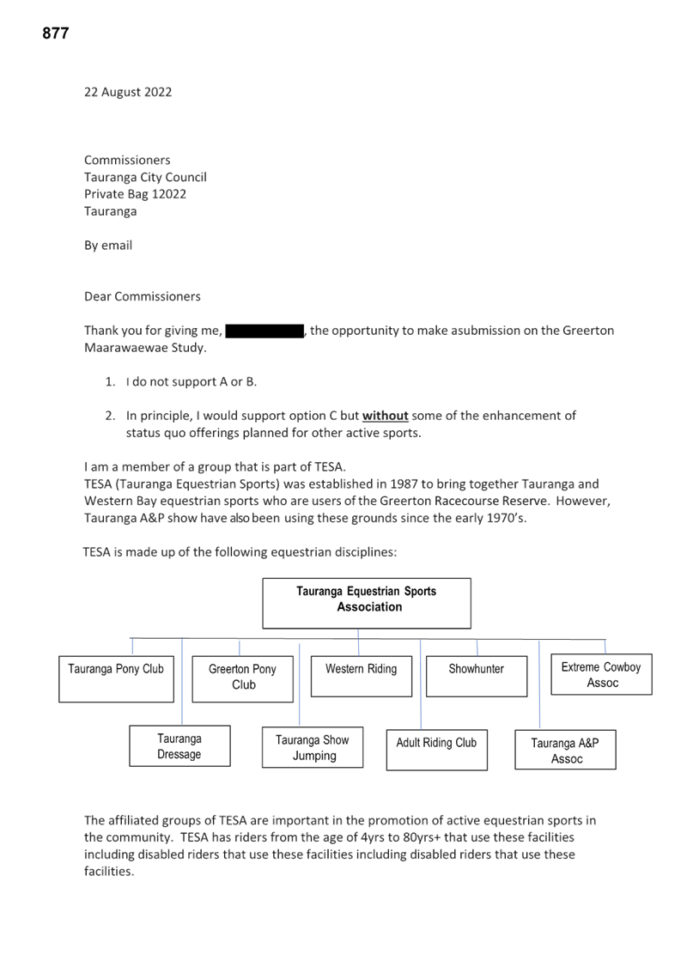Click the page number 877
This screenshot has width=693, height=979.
click(x=56, y=33)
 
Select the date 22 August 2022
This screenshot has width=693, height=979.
click(x=128, y=92)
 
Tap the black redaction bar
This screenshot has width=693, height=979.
click(x=264, y=331)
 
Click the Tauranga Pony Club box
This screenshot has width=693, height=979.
click(x=116, y=678)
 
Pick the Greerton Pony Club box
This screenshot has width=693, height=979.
click(x=243, y=678)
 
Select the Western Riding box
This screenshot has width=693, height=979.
click(x=362, y=676)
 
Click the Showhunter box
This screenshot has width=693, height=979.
click(x=477, y=676)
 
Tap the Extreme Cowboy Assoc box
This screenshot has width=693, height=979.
click(x=601, y=674)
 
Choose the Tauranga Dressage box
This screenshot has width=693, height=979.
click(x=179, y=746)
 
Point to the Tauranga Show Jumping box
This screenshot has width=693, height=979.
click(x=313, y=747)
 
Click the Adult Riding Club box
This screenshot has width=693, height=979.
click(x=437, y=750)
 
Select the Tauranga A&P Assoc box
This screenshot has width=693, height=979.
click(x=566, y=750)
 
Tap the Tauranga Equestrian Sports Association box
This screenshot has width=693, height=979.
click(x=367, y=603)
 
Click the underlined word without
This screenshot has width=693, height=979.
click(x=386, y=416)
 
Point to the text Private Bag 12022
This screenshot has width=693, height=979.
click(x=136, y=194)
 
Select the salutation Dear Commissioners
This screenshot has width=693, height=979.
click(x=143, y=296)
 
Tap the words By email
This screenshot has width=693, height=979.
click(x=108, y=246)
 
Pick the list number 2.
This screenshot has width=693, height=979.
click(x=111, y=416)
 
